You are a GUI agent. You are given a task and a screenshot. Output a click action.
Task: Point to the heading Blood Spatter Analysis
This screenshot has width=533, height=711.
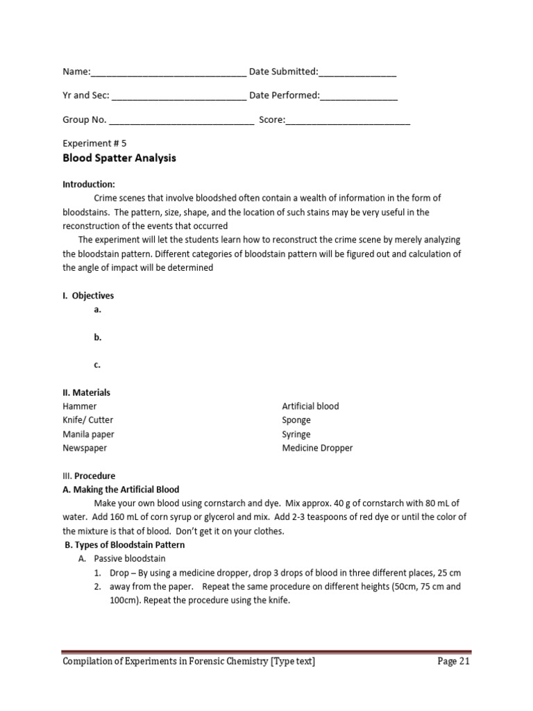pyautogui.click(x=119, y=158)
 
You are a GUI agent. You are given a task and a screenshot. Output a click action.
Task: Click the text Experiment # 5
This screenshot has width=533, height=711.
pyautogui.click(x=94, y=144)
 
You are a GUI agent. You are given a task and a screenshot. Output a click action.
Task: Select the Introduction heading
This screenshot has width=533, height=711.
pyautogui.click(x=89, y=185)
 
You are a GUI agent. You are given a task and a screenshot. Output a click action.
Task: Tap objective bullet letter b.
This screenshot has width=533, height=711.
pyautogui.click(x=98, y=337)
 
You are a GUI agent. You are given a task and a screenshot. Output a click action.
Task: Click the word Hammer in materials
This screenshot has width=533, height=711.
pyautogui.click(x=80, y=406)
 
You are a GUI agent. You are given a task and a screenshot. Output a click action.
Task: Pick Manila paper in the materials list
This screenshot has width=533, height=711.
pyautogui.click(x=88, y=434)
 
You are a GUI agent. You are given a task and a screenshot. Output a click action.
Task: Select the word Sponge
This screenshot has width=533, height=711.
pyautogui.click(x=296, y=420)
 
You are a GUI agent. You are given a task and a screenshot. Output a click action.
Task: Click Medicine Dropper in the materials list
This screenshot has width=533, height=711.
pyautogui.click(x=317, y=448)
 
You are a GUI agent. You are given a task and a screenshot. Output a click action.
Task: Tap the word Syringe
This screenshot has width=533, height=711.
pyautogui.click(x=296, y=434)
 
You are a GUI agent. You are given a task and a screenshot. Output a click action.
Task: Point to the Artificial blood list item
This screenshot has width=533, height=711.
pyautogui.click(x=310, y=406)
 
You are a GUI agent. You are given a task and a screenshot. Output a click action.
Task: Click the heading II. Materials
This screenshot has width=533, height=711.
pyautogui.click(x=86, y=392)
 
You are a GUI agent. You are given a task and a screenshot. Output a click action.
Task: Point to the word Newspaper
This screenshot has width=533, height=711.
pyautogui.click(x=85, y=448)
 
